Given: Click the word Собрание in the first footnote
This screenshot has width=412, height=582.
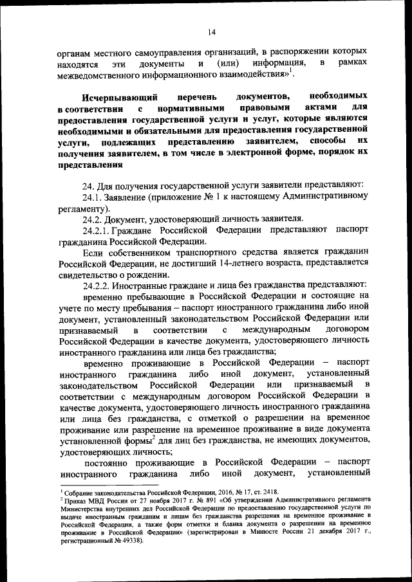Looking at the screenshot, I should (79, 491).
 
